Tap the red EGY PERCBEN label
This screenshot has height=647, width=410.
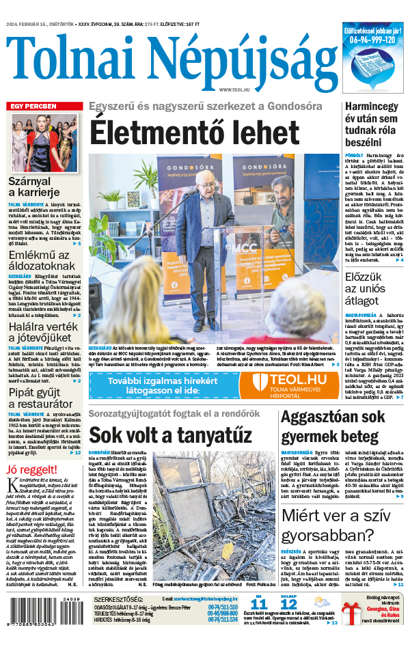[x=32, y=107]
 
